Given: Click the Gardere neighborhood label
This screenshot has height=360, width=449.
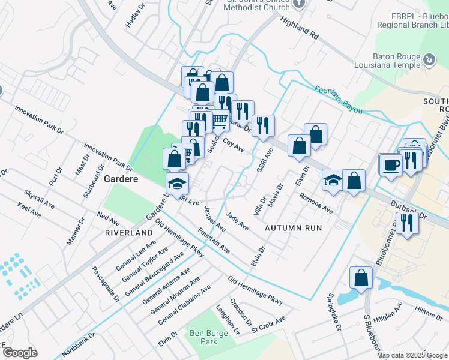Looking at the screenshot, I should tap(122, 179).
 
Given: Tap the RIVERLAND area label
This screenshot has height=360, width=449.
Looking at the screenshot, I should tap(129, 232).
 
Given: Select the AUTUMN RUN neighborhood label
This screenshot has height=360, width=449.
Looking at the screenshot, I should tap(294, 228).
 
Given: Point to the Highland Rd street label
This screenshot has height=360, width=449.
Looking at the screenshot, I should tap(298, 27).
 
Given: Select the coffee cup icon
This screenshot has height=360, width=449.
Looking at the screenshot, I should tap(391, 164).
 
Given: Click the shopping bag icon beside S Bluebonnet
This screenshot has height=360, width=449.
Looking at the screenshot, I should tap(361, 278).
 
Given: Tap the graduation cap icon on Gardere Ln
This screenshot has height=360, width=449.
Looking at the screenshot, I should tap(177, 184).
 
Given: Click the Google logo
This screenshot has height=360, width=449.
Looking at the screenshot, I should tap(19, 353).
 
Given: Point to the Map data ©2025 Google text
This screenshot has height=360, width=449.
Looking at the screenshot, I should tap(411, 355).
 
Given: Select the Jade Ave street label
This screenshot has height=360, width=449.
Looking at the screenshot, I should tap(237, 221).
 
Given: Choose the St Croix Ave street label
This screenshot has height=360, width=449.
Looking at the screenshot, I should tap(268, 325).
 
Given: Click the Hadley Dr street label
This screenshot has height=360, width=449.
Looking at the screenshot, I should tap(136, 17).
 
